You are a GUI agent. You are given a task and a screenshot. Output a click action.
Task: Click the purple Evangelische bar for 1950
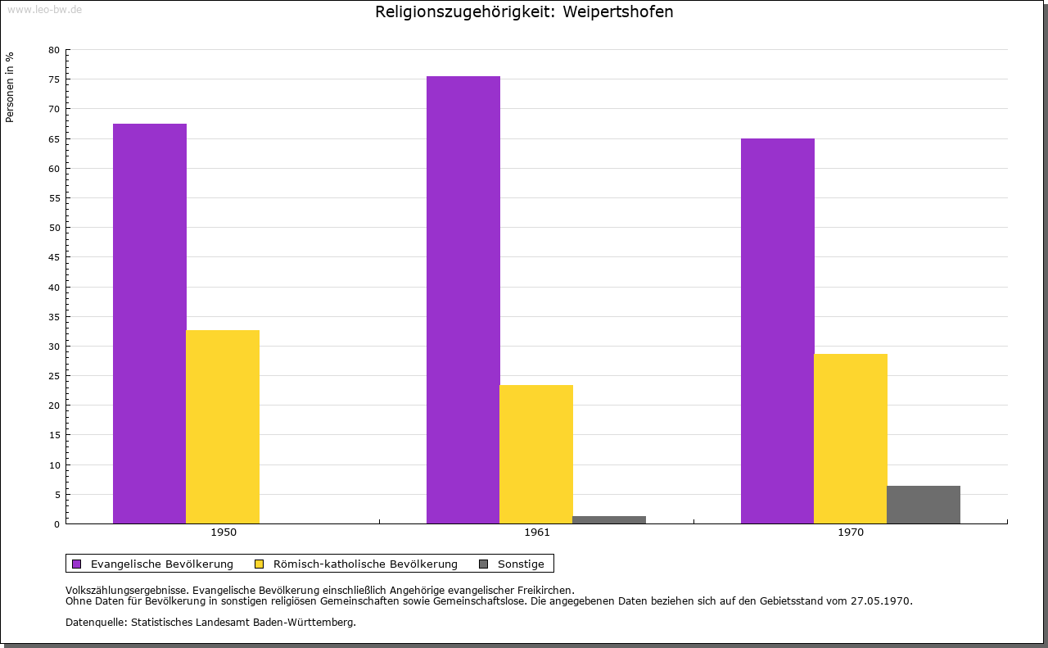point(150,324)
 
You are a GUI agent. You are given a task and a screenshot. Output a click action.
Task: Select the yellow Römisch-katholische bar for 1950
point(223,427)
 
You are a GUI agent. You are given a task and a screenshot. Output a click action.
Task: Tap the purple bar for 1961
point(463,300)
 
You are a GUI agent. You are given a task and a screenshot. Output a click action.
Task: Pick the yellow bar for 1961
point(536,454)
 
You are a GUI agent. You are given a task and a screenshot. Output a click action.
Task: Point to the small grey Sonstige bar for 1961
point(609,519)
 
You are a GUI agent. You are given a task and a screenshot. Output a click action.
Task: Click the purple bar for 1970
point(777,331)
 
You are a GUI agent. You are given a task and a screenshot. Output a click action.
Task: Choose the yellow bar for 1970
point(850,438)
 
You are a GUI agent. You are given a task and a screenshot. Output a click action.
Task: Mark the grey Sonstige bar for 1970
point(923,505)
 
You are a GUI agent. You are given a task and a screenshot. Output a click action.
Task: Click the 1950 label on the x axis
point(224,532)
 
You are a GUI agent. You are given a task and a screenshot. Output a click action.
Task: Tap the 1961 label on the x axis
point(537,532)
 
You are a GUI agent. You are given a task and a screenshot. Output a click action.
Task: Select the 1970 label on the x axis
point(851,532)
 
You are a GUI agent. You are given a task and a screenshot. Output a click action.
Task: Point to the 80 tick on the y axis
point(54,50)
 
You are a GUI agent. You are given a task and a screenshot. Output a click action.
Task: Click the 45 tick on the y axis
point(54,257)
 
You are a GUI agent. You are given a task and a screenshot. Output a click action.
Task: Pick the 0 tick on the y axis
point(56,524)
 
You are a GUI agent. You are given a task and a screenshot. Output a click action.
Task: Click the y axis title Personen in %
point(10,87)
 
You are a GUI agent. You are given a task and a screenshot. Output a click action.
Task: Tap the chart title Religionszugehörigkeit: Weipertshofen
point(524,12)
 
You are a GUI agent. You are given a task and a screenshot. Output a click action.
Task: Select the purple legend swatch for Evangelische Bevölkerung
point(77,564)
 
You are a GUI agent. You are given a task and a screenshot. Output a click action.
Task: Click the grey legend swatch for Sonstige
point(483,564)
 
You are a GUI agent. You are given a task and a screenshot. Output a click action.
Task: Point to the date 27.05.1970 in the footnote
point(882,600)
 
